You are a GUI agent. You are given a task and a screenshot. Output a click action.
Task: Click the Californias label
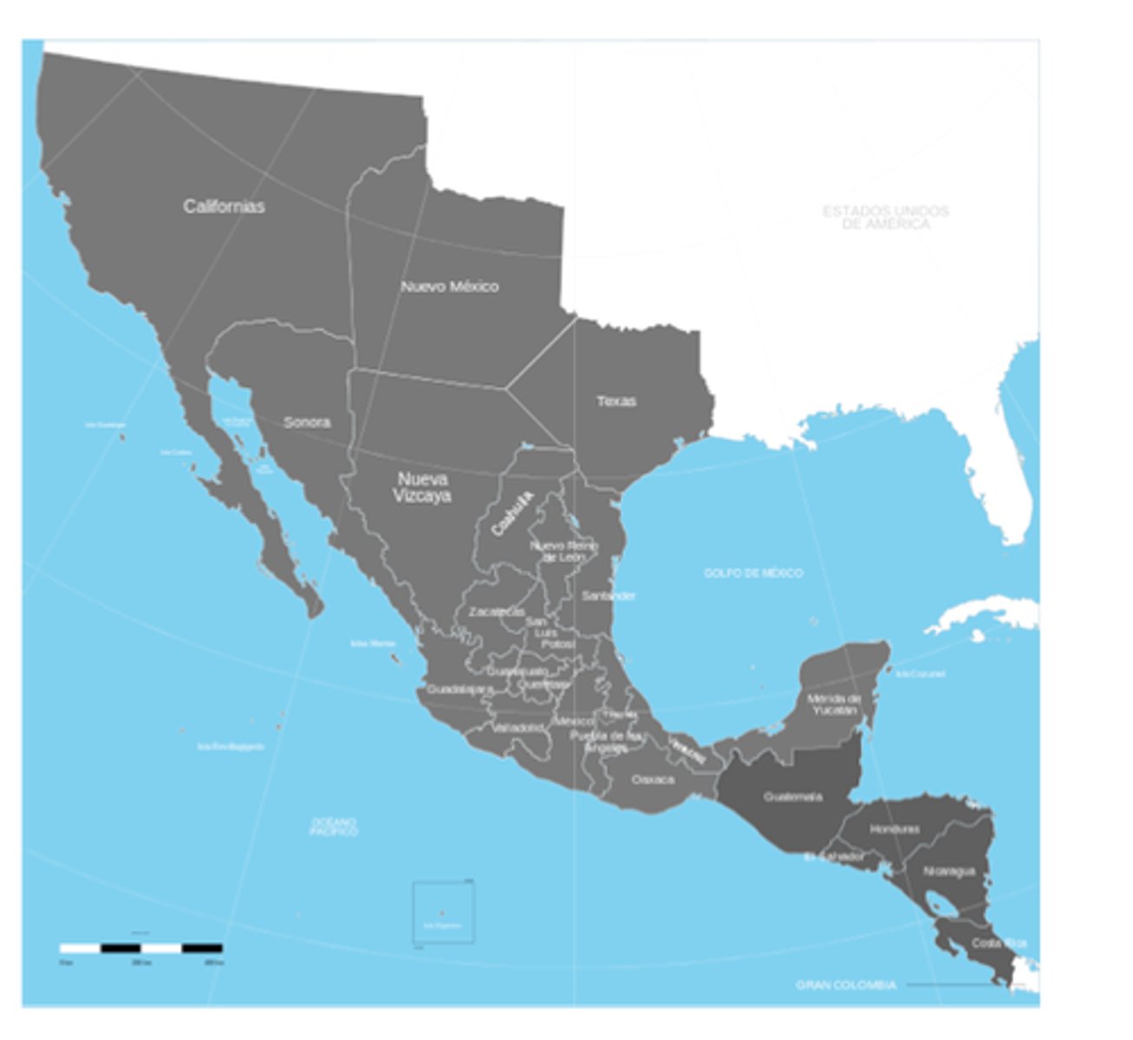[224, 206]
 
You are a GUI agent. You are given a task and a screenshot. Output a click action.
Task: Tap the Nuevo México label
[449, 286]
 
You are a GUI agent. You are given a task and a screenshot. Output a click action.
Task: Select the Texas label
[615, 401]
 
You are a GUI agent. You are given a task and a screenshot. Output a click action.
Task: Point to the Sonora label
[307, 422]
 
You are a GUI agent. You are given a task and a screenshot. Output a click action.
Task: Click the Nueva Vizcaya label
[422, 487]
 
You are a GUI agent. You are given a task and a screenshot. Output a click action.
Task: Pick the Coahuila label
[511, 513]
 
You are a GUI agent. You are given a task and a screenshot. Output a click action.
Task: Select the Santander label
[609, 595]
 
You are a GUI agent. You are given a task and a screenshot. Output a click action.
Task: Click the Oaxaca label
[652, 779]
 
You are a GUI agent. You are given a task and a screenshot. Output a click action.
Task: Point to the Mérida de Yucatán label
[833, 704]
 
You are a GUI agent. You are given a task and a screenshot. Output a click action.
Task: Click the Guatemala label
[792, 796]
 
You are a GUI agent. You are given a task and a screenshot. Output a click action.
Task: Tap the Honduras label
[895, 829]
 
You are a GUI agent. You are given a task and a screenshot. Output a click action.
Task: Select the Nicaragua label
[949, 871]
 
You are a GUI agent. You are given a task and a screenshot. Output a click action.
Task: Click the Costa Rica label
[999, 942]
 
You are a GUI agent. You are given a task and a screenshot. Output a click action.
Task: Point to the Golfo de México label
[752, 573]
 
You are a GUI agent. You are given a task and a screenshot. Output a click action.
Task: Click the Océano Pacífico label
[334, 826]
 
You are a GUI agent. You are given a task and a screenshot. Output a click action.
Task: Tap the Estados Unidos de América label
[885, 217]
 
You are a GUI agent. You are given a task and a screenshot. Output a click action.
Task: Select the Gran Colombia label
[845, 985]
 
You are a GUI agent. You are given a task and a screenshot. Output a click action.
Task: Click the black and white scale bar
[140, 948]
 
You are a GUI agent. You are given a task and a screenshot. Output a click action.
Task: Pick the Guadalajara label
[459, 690]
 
